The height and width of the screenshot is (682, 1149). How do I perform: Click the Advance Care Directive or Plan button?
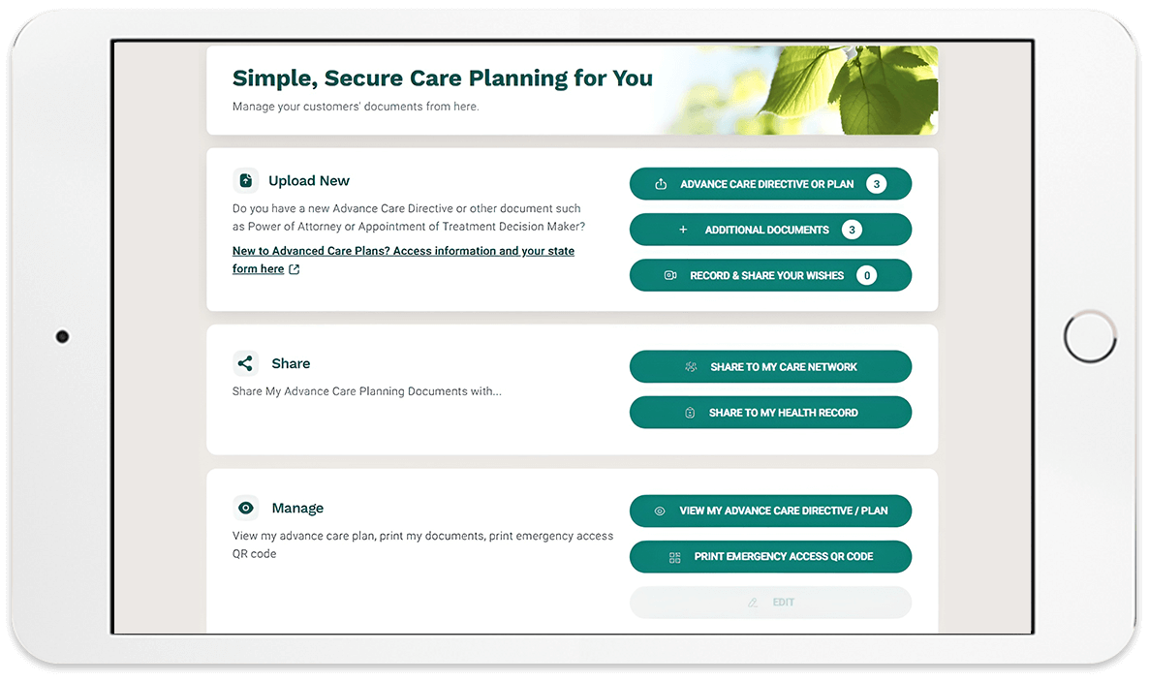770,184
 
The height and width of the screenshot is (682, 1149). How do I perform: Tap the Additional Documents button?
770,230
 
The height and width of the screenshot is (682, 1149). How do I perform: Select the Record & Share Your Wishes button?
770,275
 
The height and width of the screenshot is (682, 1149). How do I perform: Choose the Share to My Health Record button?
770,413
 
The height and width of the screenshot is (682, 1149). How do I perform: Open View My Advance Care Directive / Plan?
770,511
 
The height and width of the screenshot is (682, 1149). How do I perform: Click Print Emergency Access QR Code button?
770,557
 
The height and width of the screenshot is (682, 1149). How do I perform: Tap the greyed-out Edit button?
770,603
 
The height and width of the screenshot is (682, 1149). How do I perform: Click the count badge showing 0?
867,275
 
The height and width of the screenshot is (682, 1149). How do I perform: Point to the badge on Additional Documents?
852,230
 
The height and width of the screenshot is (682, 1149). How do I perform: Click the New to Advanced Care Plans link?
403,260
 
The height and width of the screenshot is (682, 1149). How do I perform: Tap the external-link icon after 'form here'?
294,269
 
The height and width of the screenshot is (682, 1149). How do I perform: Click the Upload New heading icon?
245,180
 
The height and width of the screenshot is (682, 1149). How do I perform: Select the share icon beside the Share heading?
245,363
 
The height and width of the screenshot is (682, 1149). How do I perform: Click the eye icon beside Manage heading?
245,508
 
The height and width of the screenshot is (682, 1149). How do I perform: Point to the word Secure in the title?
363,77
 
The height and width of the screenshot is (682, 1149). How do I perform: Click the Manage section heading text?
297,508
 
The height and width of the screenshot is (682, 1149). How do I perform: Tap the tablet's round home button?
1090,336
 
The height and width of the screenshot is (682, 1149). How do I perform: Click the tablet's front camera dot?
62,336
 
